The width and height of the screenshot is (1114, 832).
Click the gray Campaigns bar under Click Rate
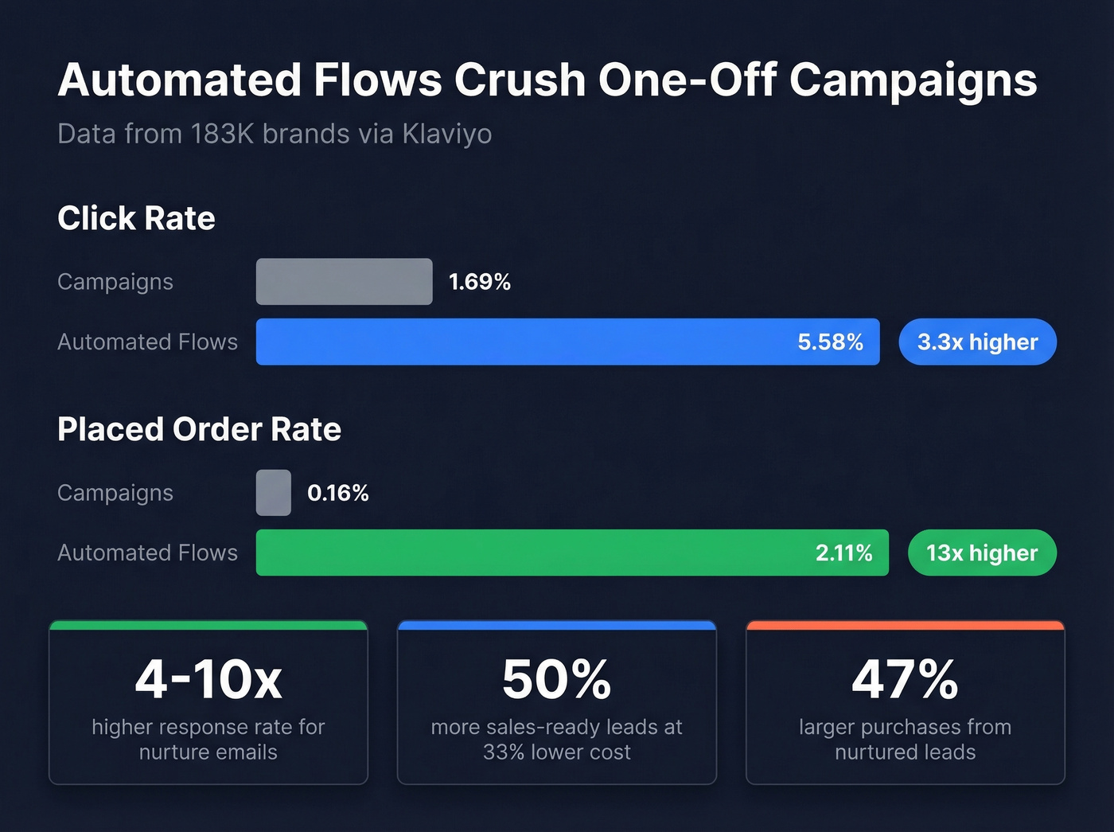pyautogui.click(x=344, y=282)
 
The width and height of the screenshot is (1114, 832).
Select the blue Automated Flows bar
pyautogui.click(x=525, y=342)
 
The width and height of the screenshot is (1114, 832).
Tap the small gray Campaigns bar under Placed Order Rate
pyautogui.click(x=274, y=493)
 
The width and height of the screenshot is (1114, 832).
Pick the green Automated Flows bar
pyautogui.click(x=525, y=553)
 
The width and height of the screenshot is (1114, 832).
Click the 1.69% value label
pyautogui.click(x=479, y=282)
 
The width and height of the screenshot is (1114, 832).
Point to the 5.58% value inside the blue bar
pyautogui.click(x=830, y=342)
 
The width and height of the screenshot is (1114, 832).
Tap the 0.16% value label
pyautogui.click(x=338, y=493)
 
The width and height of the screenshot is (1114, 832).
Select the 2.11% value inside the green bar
pyautogui.click(x=843, y=553)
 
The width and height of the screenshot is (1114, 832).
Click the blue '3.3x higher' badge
pyautogui.click(x=977, y=342)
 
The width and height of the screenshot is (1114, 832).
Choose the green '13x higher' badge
pyautogui.click(x=982, y=553)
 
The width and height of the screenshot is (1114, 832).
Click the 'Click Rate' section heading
pyautogui.click(x=136, y=218)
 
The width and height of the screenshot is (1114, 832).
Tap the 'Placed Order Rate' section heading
pyautogui.click(x=199, y=429)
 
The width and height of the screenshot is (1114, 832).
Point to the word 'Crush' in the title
pyautogui.click(x=520, y=80)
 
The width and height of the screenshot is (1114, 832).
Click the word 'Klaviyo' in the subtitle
pyautogui.click(x=446, y=134)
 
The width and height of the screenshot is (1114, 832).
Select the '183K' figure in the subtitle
pyautogui.click(x=222, y=134)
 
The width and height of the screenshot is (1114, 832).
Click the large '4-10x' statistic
pyautogui.click(x=208, y=680)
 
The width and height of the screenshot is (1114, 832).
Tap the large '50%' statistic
pyautogui.click(x=556, y=680)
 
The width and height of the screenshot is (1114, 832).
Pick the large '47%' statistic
pyautogui.click(x=905, y=680)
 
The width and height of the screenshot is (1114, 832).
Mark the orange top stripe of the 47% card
pyautogui.click(x=905, y=626)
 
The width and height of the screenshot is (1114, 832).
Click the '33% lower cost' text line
pyautogui.click(x=556, y=752)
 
